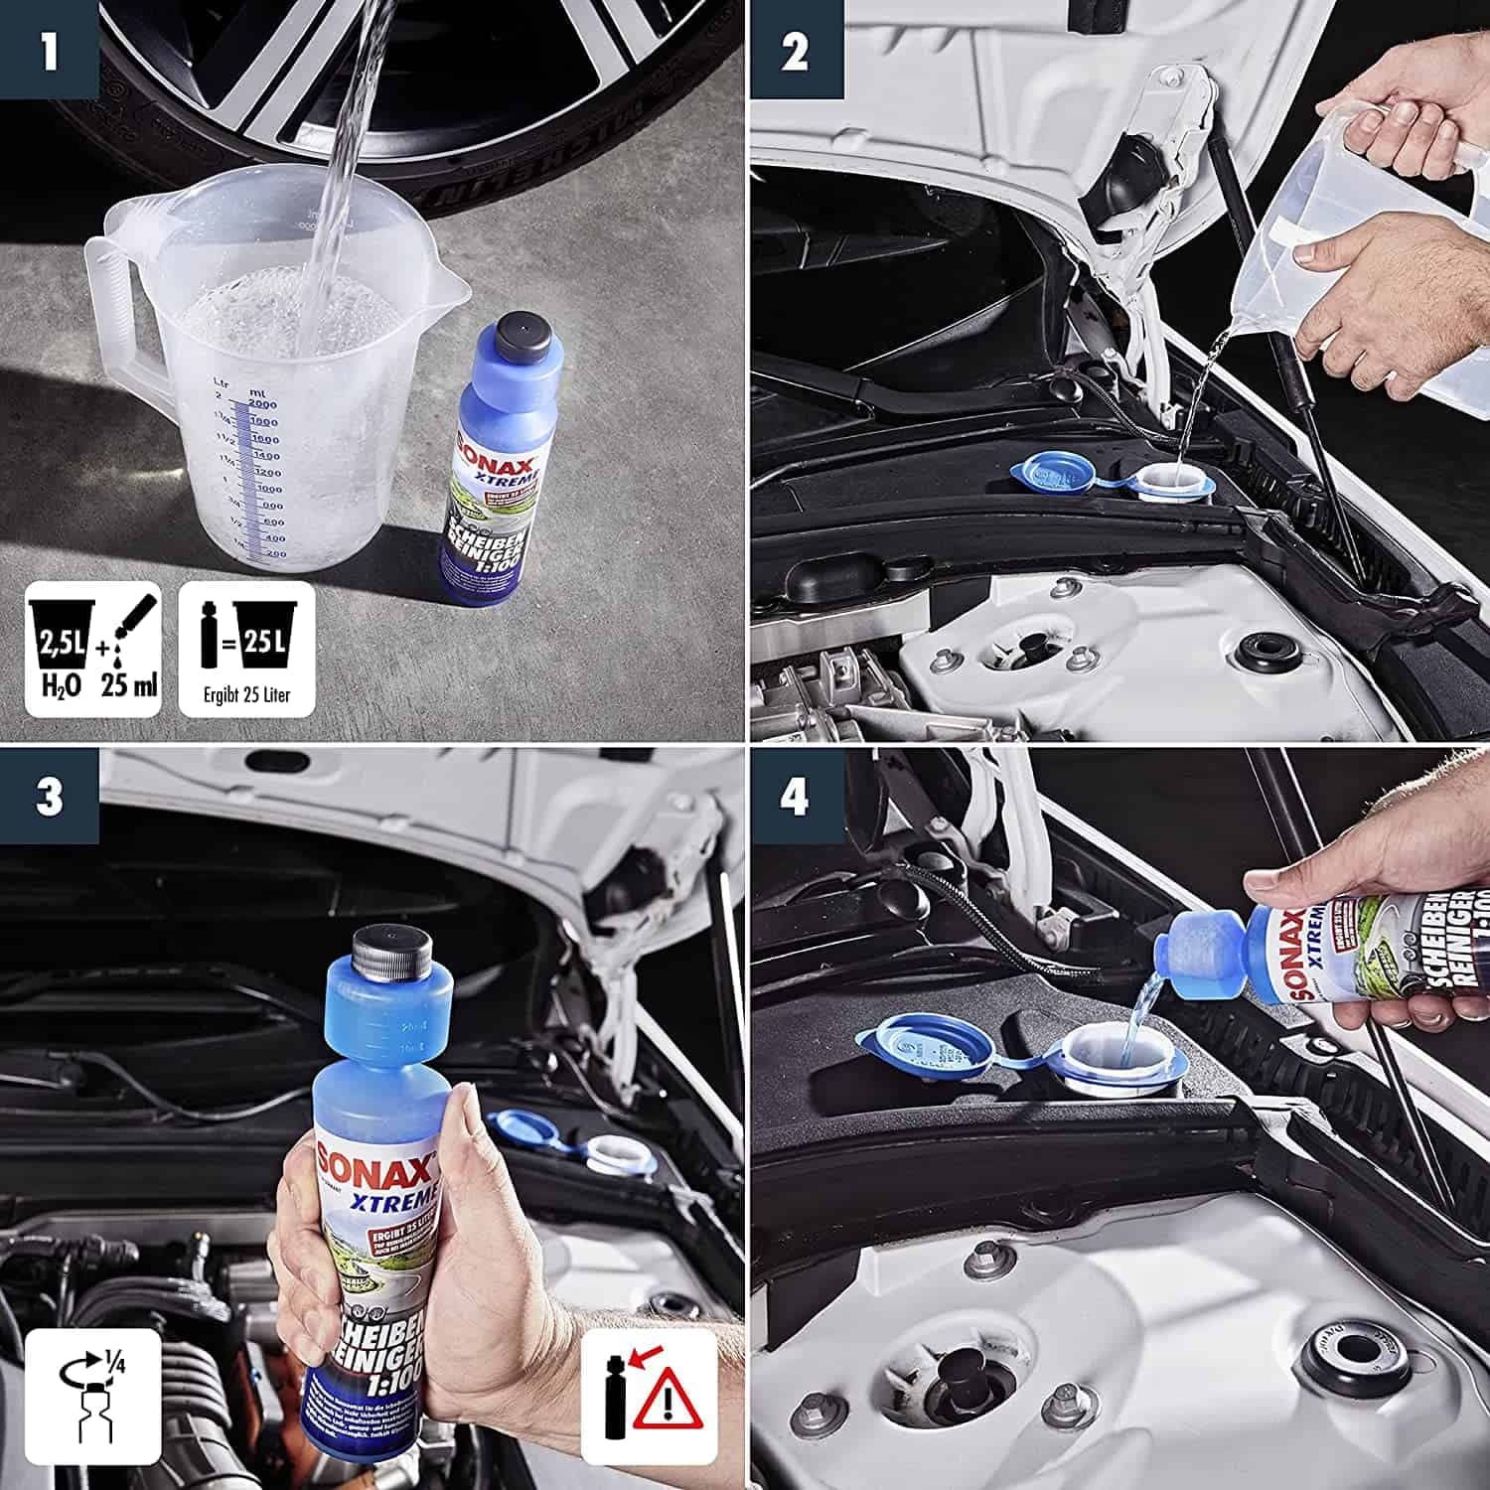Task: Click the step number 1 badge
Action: click(x=48, y=50)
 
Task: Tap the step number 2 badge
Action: click(x=795, y=50)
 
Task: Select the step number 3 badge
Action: click(x=48, y=797)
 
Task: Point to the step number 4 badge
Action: click(x=795, y=797)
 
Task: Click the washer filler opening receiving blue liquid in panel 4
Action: click(x=1119, y=1058)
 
